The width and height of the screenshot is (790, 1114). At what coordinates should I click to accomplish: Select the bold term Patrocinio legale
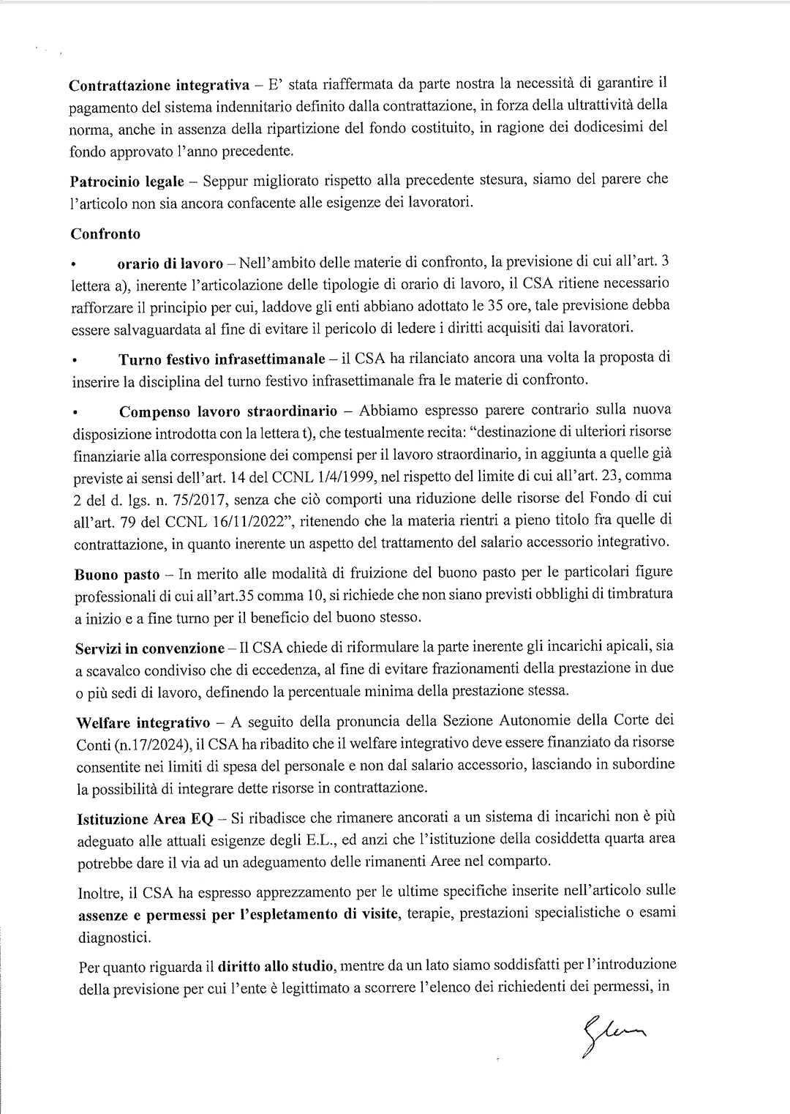(127, 181)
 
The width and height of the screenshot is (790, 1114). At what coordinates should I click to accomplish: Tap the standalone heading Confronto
(105, 234)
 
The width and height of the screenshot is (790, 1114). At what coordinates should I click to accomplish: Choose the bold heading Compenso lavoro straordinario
(227, 410)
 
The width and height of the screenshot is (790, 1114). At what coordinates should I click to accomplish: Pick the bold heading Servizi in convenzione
(150, 648)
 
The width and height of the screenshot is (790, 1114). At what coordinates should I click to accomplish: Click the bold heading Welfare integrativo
(143, 723)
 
